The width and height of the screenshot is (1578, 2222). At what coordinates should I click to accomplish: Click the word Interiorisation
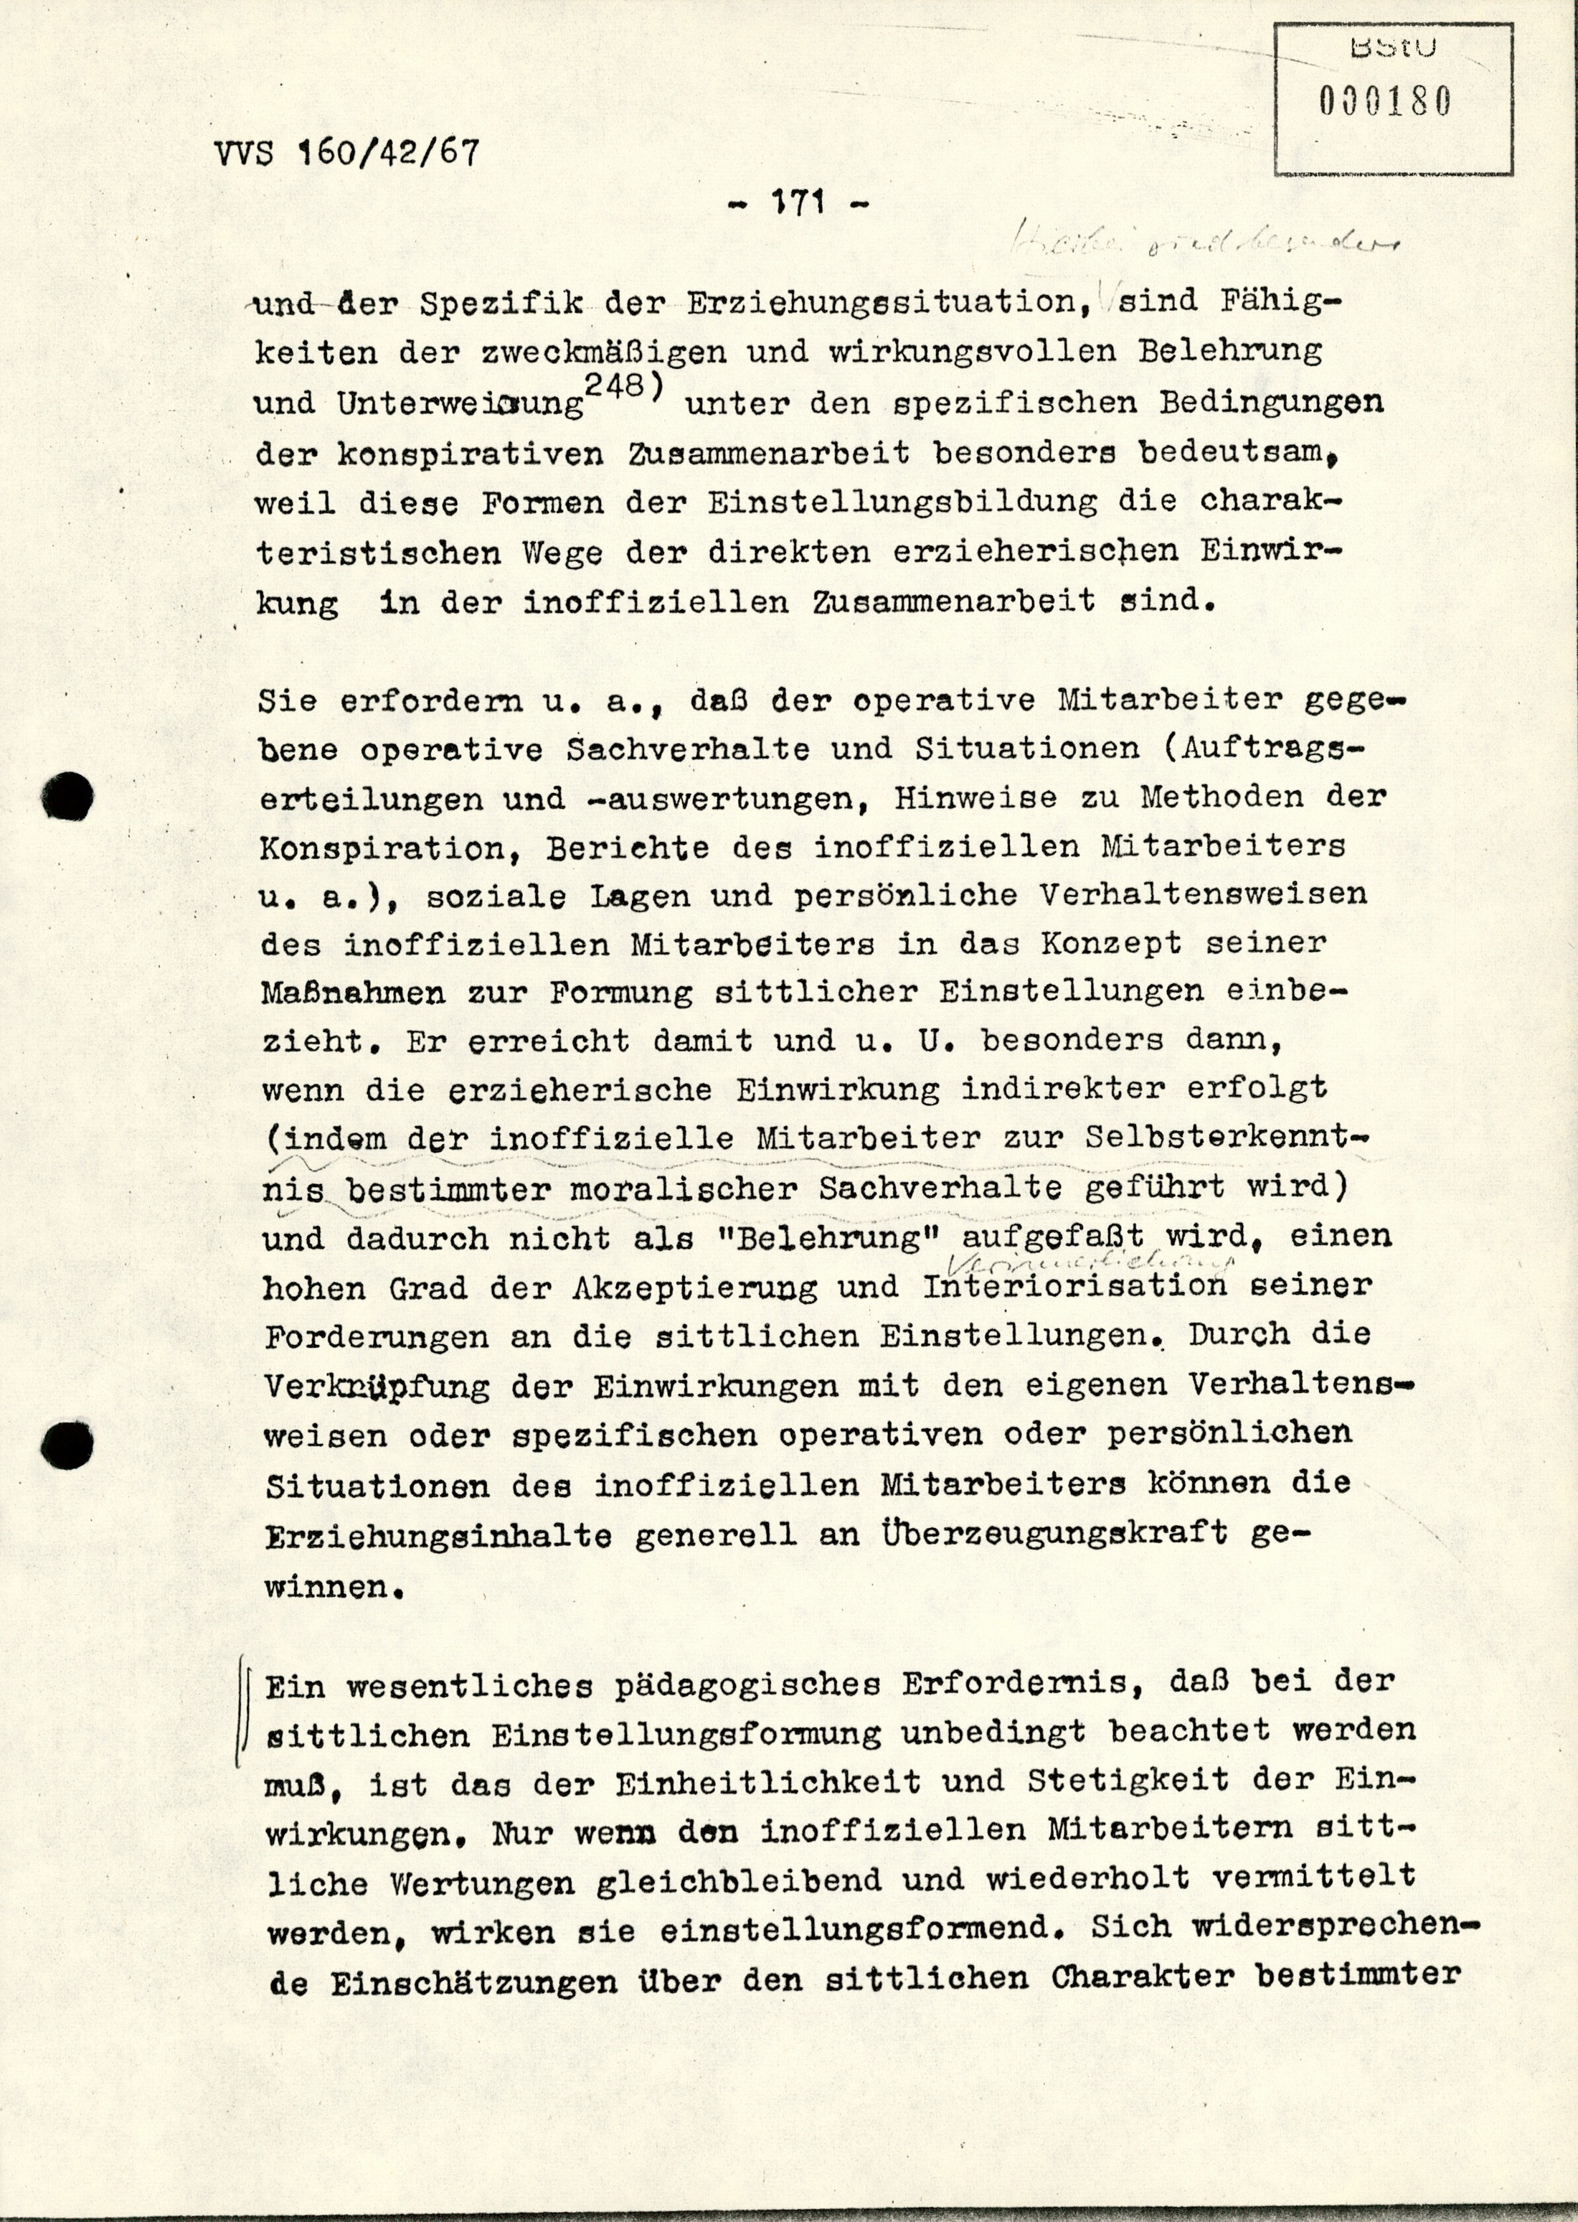(1074, 1287)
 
